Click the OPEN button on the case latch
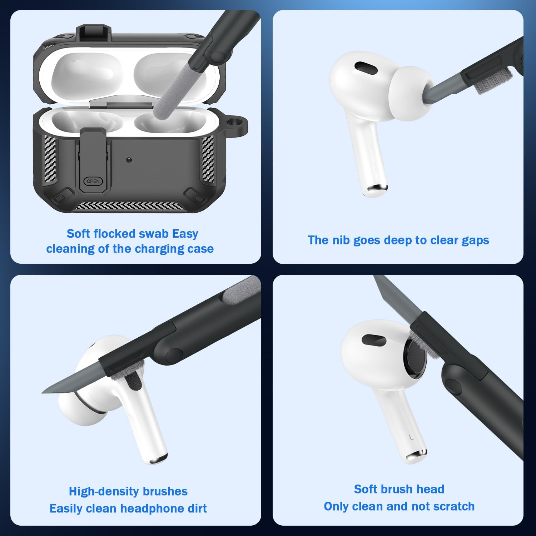pyautogui.click(x=93, y=181)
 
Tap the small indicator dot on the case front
pyautogui.click(x=129, y=160)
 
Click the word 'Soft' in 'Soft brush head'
pyautogui.click(x=366, y=489)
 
